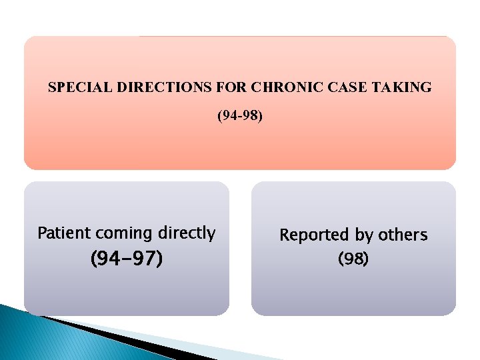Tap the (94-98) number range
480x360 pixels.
(x=240, y=117)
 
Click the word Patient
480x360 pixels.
(x=64, y=233)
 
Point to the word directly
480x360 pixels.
(x=187, y=234)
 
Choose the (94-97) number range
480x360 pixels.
(x=127, y=258)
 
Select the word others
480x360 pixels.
(x=403, y=235)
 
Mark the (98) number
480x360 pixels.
(x=353, y=258)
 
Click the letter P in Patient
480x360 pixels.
(x=42, y=233)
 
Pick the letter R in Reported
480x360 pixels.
(x=284, y=235)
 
